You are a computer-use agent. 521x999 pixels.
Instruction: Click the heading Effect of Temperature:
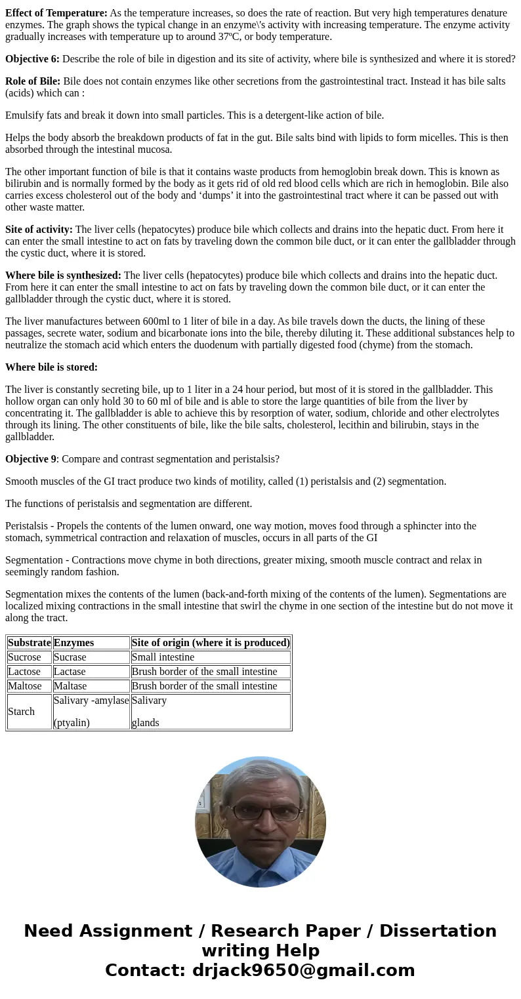tap(56, 13)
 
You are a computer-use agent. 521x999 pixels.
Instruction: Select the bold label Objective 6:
tap(32, 59)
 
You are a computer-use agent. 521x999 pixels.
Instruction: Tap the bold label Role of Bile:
tap(33, 81)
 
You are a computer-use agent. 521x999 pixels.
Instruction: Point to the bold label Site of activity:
tap(39, 230)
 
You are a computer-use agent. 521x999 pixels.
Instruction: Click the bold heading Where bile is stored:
tap(51, 367)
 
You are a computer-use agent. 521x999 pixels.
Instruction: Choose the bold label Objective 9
tap(31, 459)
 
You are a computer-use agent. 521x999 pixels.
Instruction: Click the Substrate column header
tap(29, 643)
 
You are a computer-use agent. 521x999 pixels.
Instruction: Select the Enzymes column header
tap(73, 643)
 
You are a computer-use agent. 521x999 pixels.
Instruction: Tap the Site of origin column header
tap(211, 643)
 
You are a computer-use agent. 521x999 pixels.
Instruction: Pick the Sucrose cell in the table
tap(24, 657)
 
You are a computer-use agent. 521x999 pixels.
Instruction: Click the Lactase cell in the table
tap(70, 672)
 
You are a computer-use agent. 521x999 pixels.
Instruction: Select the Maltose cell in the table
tap(25, 686)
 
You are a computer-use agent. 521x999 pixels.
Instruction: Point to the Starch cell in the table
tap(21, 712)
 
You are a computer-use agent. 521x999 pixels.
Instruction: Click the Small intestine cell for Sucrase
tap(163, 657)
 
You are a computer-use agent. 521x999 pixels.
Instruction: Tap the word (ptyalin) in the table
tap(72, 723)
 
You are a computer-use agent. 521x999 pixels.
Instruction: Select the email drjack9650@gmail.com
tap(303, 971)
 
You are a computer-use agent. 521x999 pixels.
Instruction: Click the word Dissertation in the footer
tap(438, 931)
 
